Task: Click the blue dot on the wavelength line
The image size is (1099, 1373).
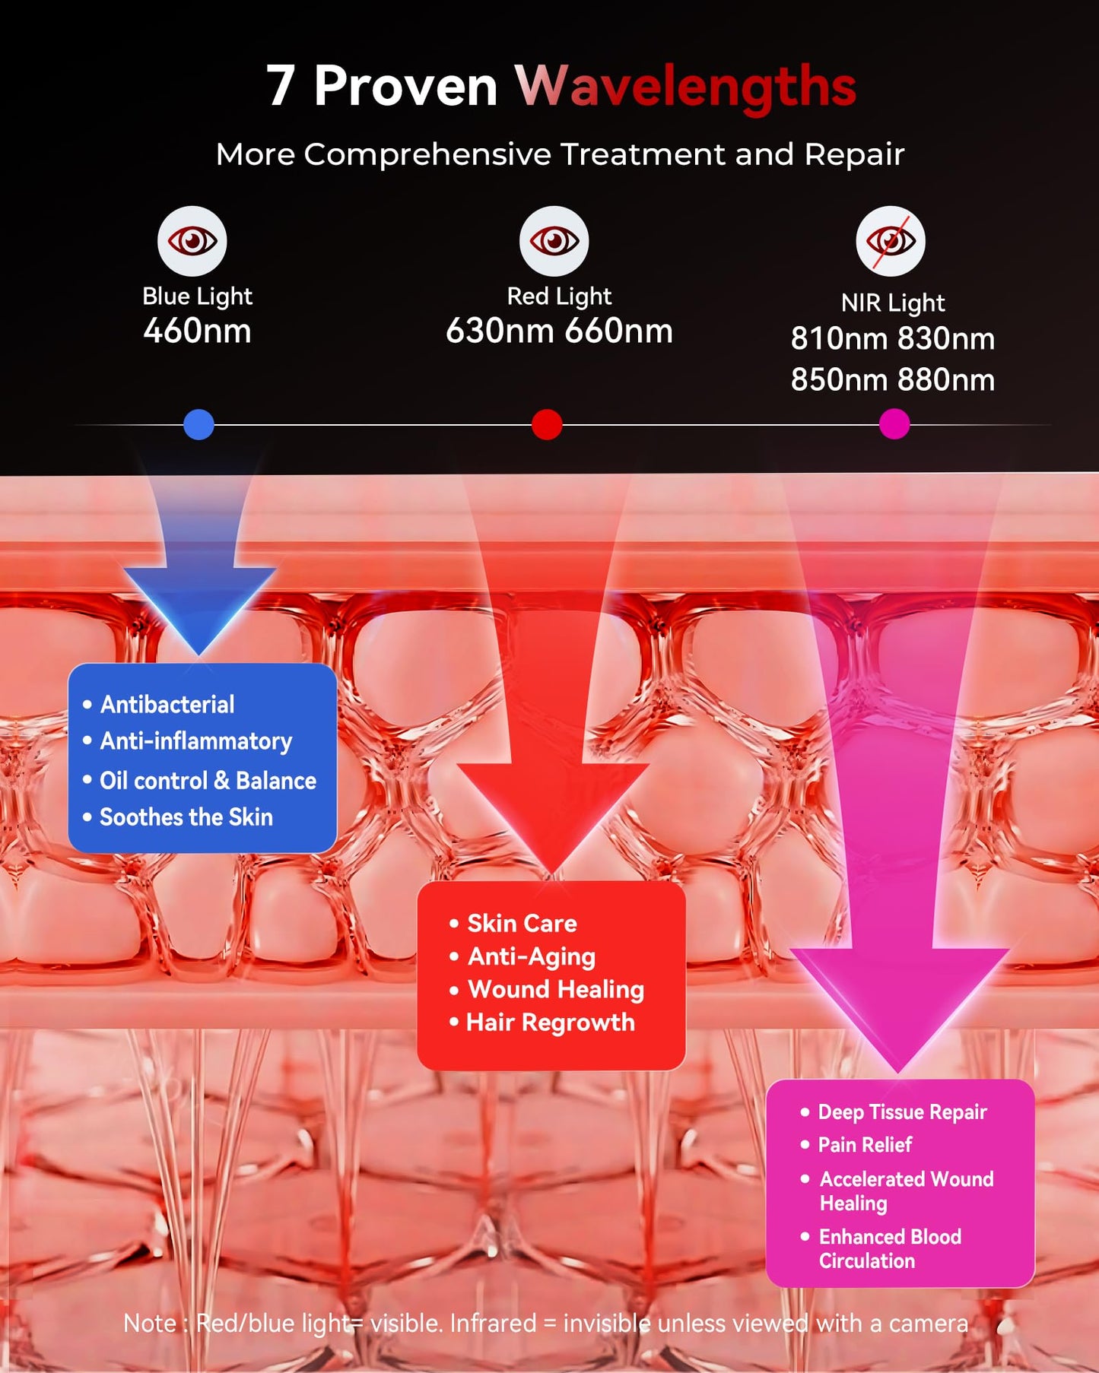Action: click(199, 424)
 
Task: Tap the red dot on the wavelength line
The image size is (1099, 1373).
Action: click(547, 424)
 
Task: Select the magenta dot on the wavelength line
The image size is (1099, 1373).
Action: click(894, 424)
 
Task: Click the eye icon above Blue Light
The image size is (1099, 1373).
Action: click(192, 241)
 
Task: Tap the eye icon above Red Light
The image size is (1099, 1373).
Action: click(554, 241)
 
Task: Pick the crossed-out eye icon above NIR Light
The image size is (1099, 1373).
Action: click(891, 241)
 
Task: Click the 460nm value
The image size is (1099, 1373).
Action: click(198, 331)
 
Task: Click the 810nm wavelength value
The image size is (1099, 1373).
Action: click(839, 338)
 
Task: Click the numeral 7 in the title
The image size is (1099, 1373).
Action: click(281, 85)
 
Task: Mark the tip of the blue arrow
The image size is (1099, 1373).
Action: click(199, 655)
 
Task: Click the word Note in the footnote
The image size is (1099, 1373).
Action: click(150, 1324)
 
